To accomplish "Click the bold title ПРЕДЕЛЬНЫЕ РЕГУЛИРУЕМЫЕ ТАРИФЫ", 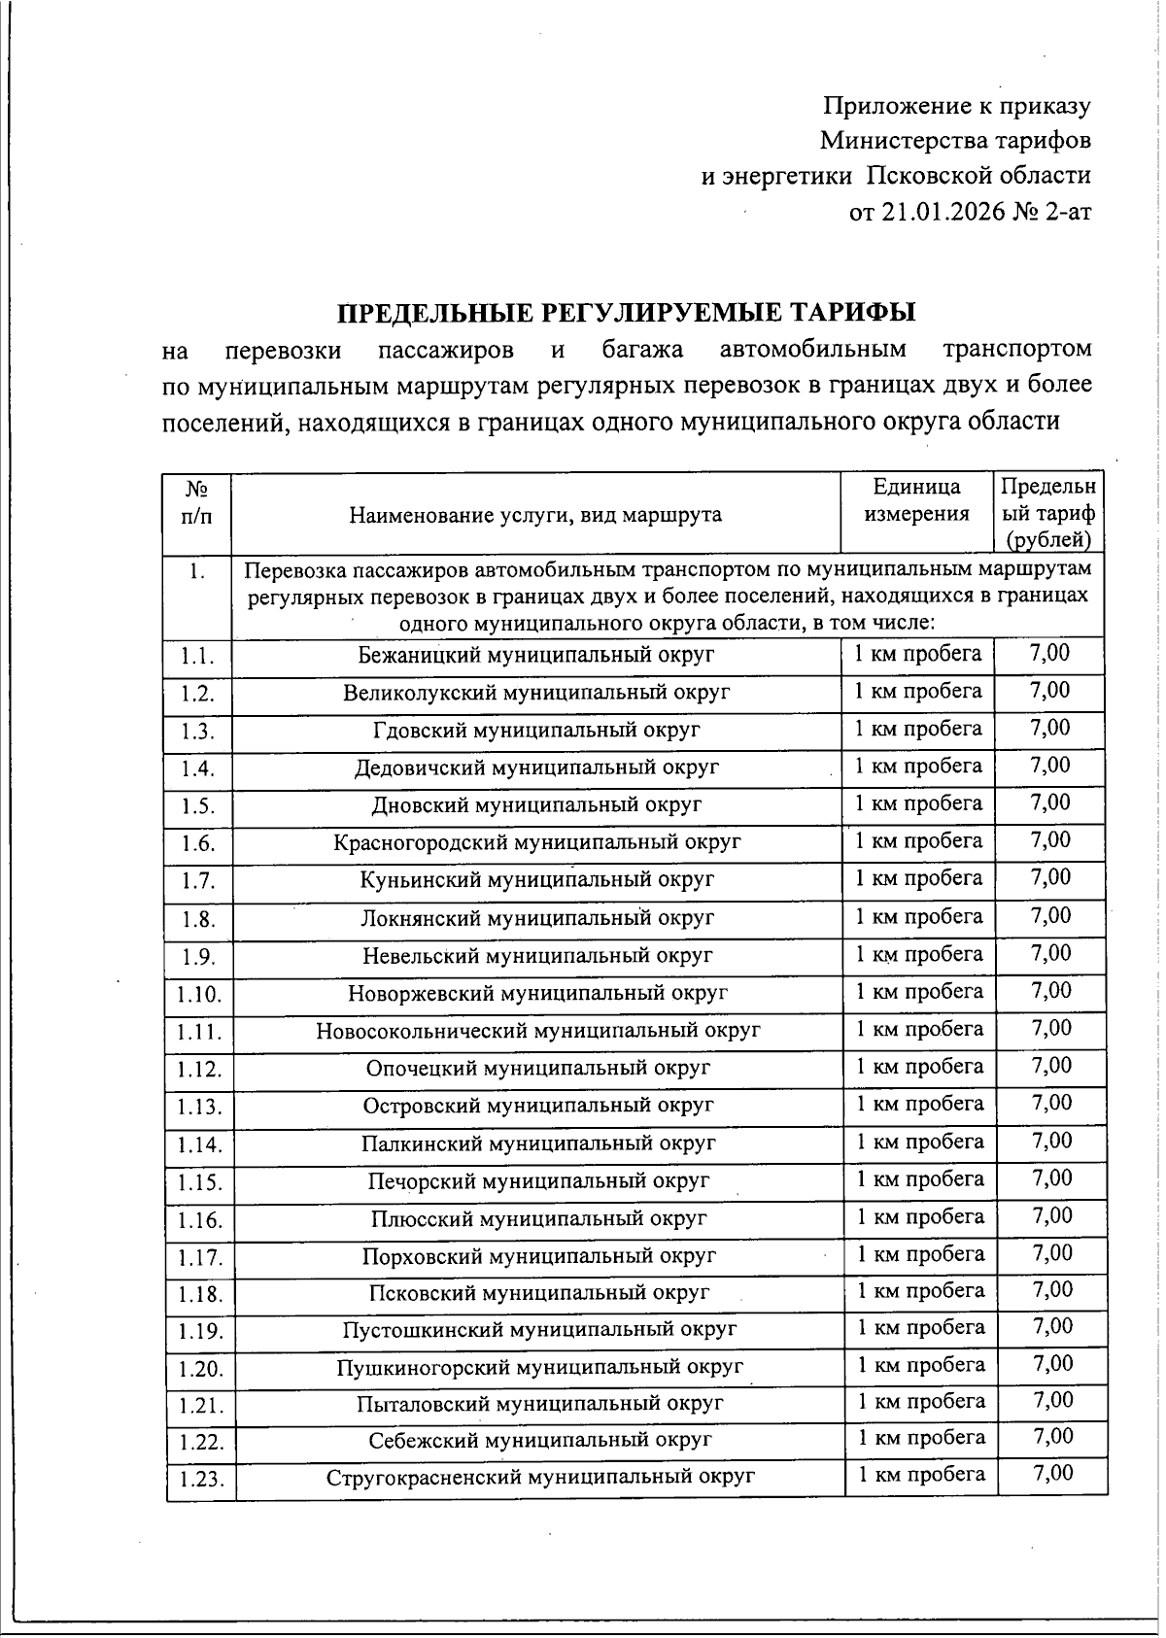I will click(x=627, y=313).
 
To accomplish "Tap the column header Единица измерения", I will click(x=916, y=500).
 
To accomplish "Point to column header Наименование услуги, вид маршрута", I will click(x=535, y=515).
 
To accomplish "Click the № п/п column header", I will click(x=198, y=502).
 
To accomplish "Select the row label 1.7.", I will click(x=198, y=881).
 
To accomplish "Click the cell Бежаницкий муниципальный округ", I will click(x=535, y=655).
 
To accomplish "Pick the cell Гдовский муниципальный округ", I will click(x=536, y=730).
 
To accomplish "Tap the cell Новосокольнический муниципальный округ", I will click(x=537, y=1030).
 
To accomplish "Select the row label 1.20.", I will click(x=200, y=1370).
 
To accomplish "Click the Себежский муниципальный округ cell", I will click(x=539, y=1440).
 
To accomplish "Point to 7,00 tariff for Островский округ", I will click(x=1051, y=1104).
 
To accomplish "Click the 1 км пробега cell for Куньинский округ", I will click(x=918, y=878).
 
